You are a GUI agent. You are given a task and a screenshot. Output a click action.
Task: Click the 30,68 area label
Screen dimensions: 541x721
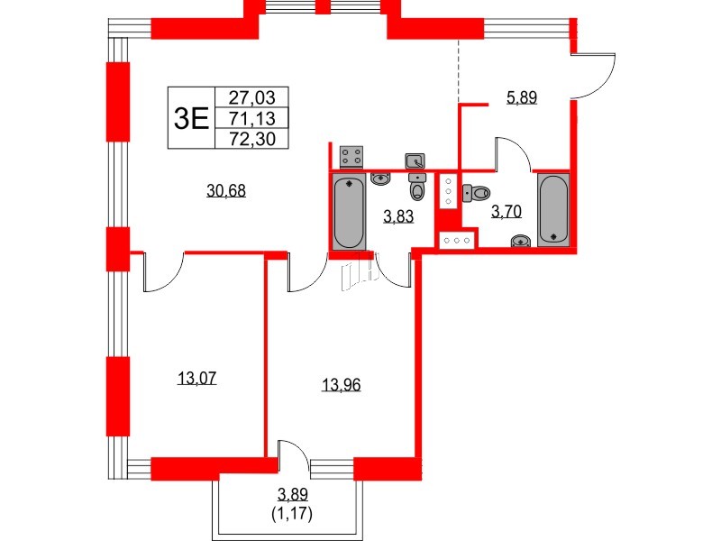(226, 190)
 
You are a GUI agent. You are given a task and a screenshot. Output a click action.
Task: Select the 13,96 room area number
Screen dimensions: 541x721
(341, 386)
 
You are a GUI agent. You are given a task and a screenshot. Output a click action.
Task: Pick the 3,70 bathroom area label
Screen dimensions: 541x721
(505, 213)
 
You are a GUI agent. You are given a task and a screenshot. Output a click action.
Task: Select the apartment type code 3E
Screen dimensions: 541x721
(190, 117)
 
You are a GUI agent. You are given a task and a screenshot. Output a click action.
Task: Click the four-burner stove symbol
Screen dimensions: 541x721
(352, 157)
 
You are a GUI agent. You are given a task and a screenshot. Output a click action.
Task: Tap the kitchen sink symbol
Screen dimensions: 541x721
(415, 161)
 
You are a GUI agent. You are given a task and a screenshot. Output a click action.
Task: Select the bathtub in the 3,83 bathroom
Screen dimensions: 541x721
(349, 213)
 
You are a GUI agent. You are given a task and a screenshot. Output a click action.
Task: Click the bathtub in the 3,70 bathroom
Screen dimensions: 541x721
(553, 209)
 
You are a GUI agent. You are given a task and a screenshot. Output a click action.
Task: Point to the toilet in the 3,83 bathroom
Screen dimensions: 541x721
(416, 188)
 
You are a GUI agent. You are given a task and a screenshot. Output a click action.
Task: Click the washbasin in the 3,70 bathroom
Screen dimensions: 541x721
(519, 241)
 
